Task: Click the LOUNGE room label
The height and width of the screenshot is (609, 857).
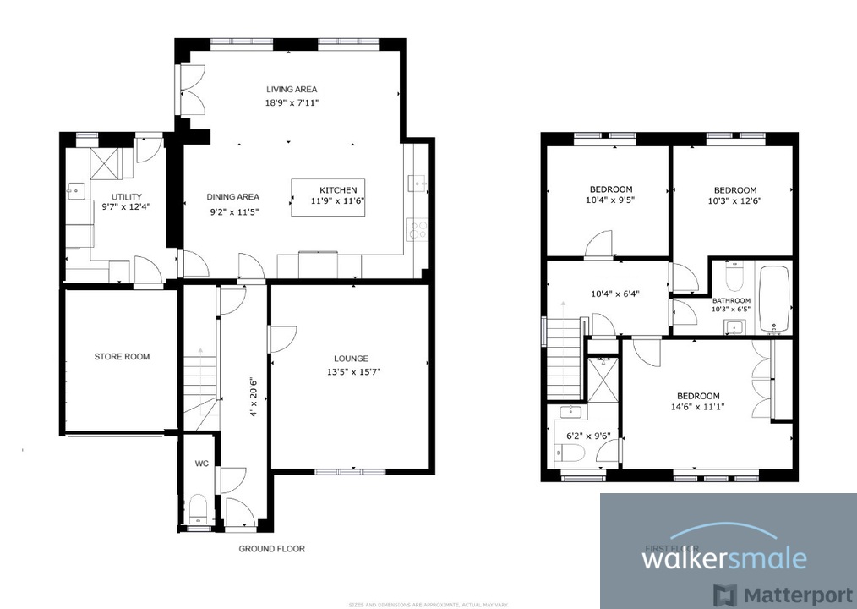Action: (350, 359)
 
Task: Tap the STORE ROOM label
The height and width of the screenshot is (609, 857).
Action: (122, 357)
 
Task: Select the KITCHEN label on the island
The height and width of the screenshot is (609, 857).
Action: (337, 189)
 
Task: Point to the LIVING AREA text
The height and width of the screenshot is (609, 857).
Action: (292, 90)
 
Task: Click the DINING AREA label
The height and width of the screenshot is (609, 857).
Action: (233, 197)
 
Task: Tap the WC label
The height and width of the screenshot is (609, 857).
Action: (201, 464)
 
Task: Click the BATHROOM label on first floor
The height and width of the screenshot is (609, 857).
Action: (731, 300)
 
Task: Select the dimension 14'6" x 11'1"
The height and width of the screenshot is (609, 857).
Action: (698, 407)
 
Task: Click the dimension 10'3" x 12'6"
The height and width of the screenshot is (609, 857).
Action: (734, 201)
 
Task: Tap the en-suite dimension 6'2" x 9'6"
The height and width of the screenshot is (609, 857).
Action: (588, 436)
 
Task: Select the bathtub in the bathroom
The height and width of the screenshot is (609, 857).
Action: (774, 299)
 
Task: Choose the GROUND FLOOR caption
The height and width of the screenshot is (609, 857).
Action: (271, 549)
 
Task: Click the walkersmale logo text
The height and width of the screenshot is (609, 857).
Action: (723, 559)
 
